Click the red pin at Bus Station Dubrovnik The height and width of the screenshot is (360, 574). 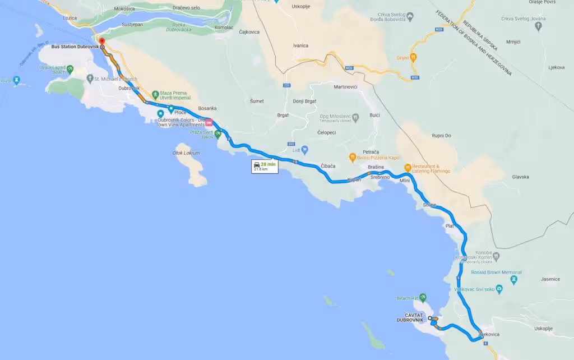pos(101,41)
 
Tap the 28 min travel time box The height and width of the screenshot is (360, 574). pos(265,166)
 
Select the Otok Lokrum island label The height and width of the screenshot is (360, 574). pos(186,153)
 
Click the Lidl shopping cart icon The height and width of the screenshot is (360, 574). pos(305,150)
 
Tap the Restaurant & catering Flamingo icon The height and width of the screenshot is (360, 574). pos(408,167)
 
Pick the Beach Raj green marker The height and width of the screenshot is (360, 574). pos(423,297)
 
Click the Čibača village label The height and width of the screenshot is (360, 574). pos(328,166)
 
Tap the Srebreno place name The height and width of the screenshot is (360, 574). pos(380,177)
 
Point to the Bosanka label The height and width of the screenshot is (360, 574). pos(207,108)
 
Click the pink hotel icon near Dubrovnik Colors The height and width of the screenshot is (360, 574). pos(209,122)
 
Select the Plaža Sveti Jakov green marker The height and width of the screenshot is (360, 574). pos(218,134)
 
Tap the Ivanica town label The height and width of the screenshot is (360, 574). pos(300,46)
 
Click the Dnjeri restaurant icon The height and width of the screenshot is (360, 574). pos(414,57)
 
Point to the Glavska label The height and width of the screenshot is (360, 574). pos(520,177)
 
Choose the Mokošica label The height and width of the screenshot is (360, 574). pos(124,9)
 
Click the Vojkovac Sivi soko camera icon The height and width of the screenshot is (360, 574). pos(499,289)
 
